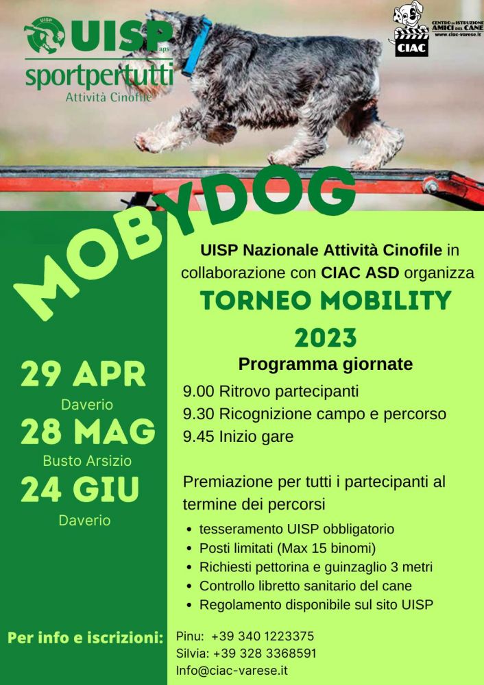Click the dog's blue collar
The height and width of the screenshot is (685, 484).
(197, 45)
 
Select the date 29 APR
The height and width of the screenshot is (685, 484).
(83, 375)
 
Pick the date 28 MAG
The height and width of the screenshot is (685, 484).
(88, 431)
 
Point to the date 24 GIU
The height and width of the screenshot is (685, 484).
(80, 489)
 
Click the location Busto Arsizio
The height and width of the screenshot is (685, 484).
(87, 460)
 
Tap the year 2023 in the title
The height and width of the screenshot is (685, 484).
(326, 338)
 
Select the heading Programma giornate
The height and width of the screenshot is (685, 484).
(325, 364)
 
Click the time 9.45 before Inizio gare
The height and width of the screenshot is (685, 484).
(199, 436)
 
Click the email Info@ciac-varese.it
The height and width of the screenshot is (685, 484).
(232, 670)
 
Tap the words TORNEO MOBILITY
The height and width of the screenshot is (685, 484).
(326, 300)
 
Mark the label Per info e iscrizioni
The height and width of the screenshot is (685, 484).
(85, 638)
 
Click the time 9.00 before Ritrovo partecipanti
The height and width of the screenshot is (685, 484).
(199, 391)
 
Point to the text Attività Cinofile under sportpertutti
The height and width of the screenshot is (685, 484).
(108, 97)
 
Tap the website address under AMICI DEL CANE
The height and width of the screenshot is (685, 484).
(458, 34)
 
